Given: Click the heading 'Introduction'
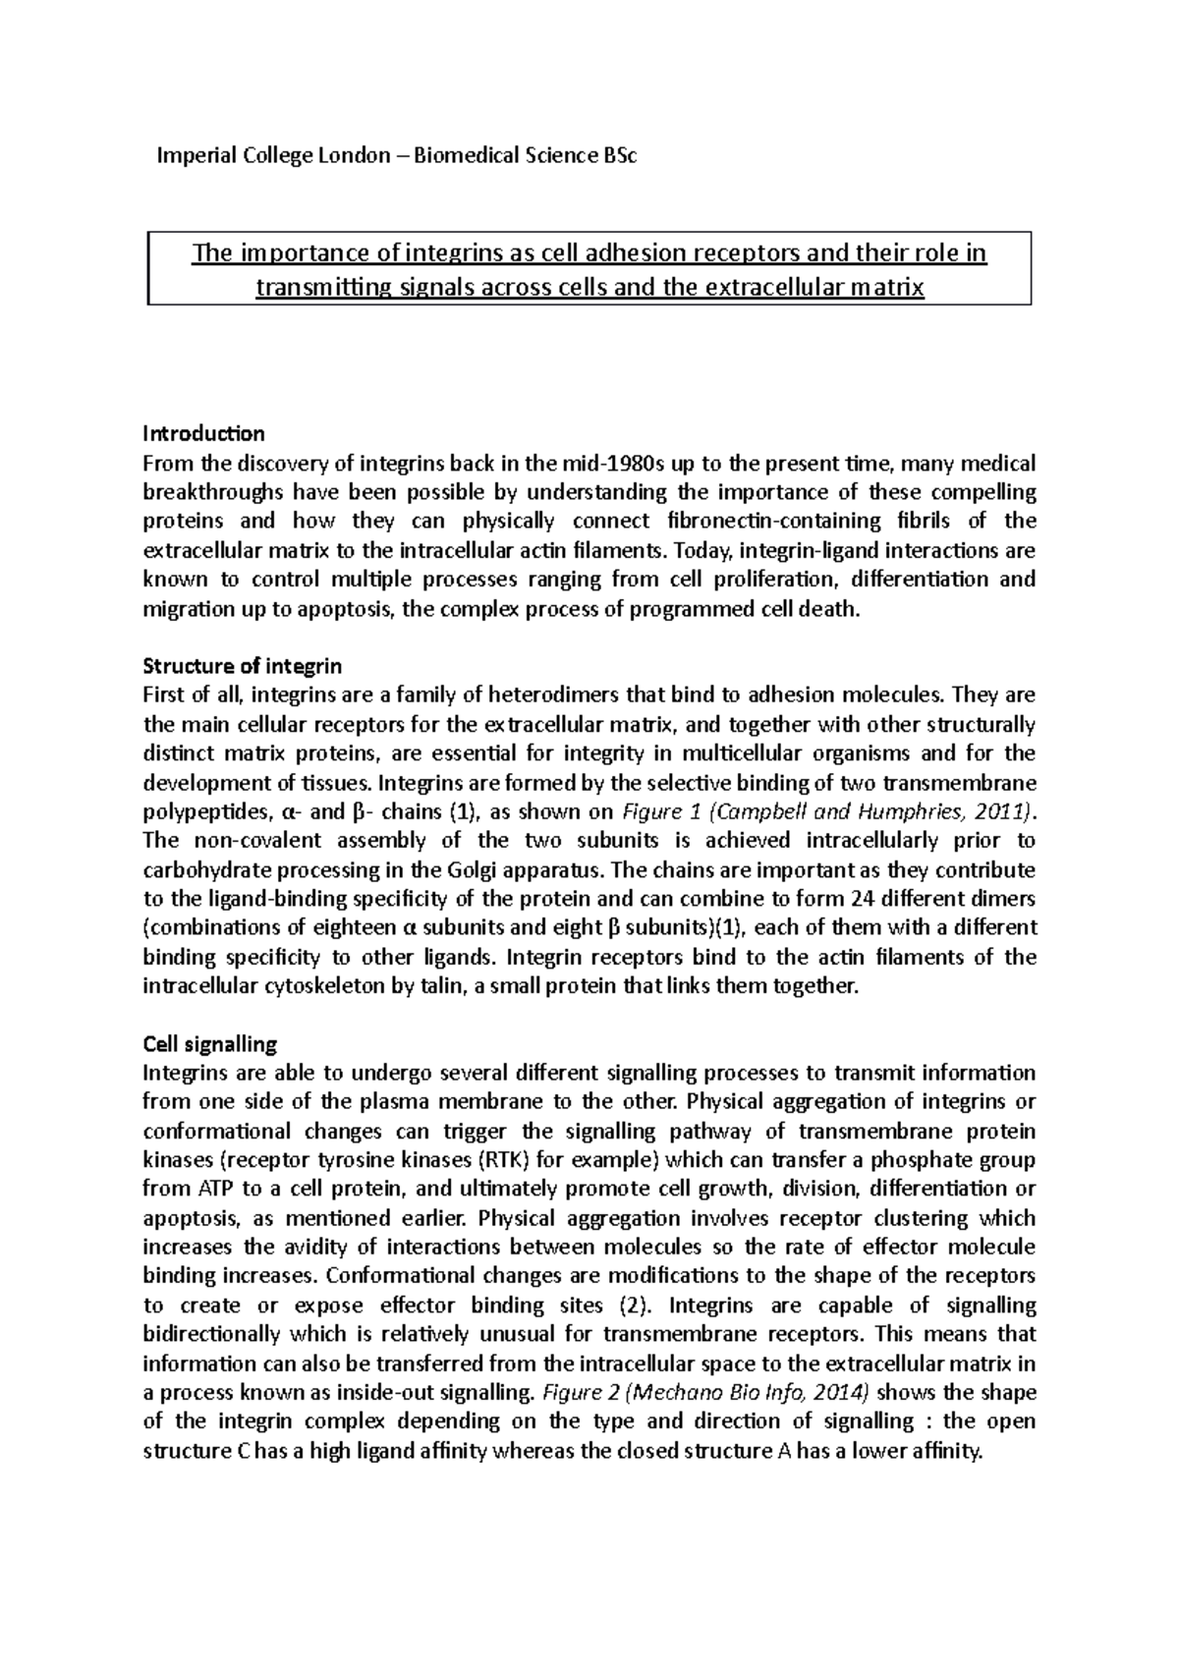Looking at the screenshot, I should pyautogui.click(x=203, y=433).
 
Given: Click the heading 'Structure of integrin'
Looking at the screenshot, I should pyautogui.click(x=242, y=666).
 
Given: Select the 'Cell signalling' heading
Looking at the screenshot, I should pyautogui.click(x=210, y=1043).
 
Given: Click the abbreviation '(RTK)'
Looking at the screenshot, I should pyautogui.click(x=473, y=1159).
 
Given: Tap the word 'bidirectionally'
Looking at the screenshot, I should pyautogui.click(x=209, y=1334).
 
